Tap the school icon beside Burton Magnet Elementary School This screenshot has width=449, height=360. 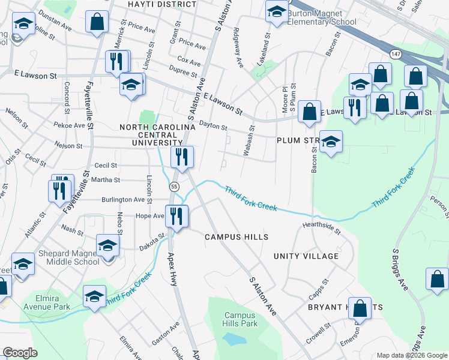point(277,12)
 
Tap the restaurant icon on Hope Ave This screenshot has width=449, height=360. point(176,216)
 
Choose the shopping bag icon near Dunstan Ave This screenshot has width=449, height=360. point(97,22)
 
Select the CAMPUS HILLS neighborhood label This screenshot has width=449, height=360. point(236,238)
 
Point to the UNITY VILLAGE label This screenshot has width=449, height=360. point(306,256)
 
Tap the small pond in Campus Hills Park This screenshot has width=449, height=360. point(234,338)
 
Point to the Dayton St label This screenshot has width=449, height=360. point(213,125)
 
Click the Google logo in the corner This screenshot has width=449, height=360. point(20,353)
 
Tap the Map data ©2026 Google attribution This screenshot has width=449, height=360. point(411,355)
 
